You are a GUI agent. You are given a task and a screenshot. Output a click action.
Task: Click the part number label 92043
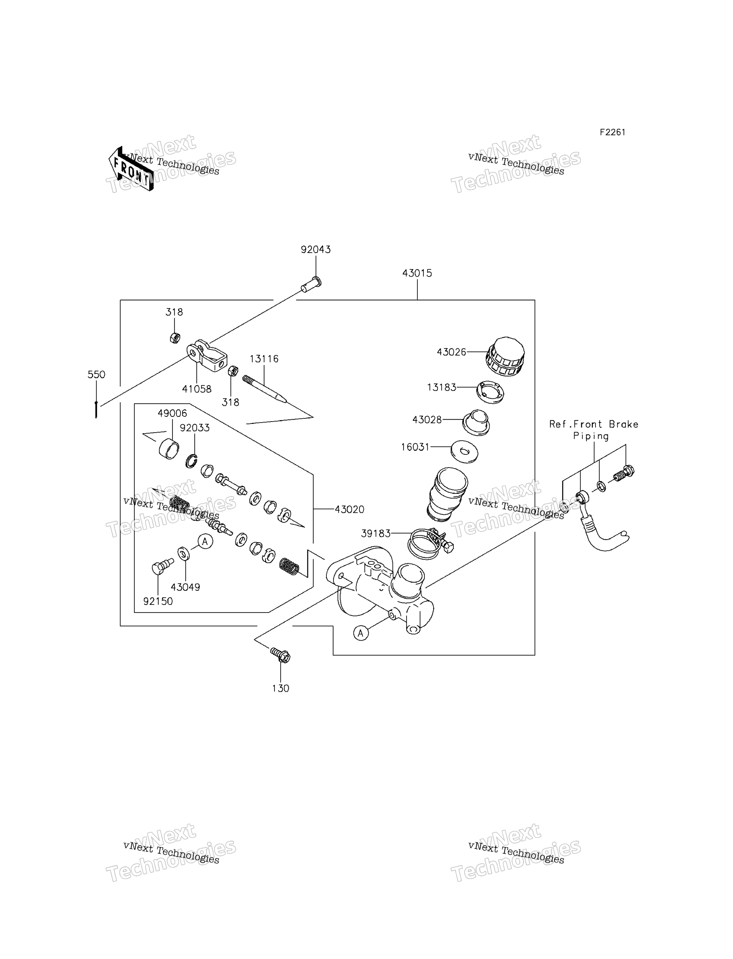tap(315, 250)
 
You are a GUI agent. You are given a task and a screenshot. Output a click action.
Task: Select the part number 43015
tap(417, 273)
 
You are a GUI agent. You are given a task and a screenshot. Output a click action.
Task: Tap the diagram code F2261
tap(612, 132)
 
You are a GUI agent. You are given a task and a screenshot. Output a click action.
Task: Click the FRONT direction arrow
tap(131, 169)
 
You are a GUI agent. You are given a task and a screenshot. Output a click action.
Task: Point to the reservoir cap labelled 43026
tap(505, 356)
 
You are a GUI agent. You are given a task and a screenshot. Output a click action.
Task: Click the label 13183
tap(441, 387)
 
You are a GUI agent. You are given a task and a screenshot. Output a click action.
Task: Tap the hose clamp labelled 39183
tap(430, 543)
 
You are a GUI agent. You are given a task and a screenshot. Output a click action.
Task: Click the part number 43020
tap(349, 509)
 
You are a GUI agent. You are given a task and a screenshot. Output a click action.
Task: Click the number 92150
tap(158, 601)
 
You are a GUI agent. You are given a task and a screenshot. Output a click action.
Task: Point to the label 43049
tap(186, 587)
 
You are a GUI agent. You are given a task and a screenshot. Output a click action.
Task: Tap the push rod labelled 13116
tap(265, 389)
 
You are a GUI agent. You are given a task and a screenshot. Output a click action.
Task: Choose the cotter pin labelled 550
tap(96, 409)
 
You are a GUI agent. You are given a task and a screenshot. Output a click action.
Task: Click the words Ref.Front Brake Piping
tap(593, 430)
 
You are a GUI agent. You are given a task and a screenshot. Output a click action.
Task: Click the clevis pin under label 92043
tap(311, 285)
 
